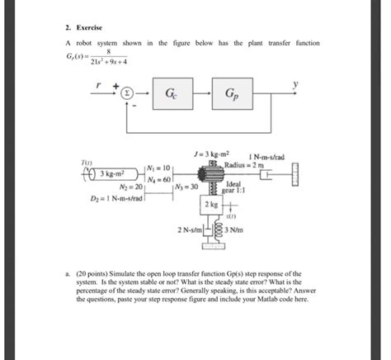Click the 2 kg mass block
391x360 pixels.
213,203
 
